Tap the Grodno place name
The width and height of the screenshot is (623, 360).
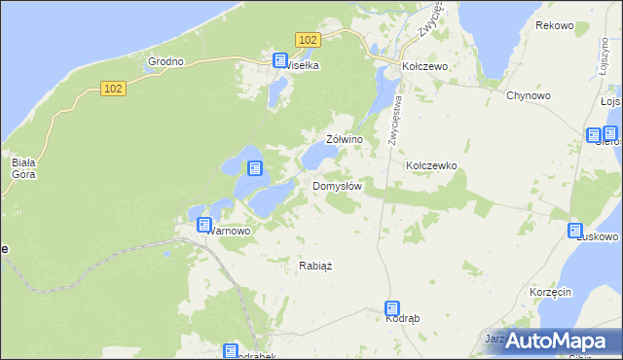[x=165, y=61]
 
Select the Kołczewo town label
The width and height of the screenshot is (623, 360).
[x=424, y=66]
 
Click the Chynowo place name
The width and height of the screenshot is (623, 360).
[x=530, y=95]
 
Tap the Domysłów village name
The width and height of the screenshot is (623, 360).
[x=338, y=186]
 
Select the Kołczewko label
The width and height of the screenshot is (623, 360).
[x=431, y=165]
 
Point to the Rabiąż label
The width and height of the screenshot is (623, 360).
[x=315, y=265]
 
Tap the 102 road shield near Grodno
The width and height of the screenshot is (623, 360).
[x=113, y=89]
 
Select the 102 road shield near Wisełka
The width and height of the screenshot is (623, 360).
[x=309, y=39]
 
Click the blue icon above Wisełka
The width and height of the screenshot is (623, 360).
[x=281, y=59]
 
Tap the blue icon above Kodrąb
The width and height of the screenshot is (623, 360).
[x=392, y=307]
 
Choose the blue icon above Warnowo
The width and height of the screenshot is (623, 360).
[x=204, y=225]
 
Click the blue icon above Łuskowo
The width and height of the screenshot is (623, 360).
[x=575, y=231]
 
